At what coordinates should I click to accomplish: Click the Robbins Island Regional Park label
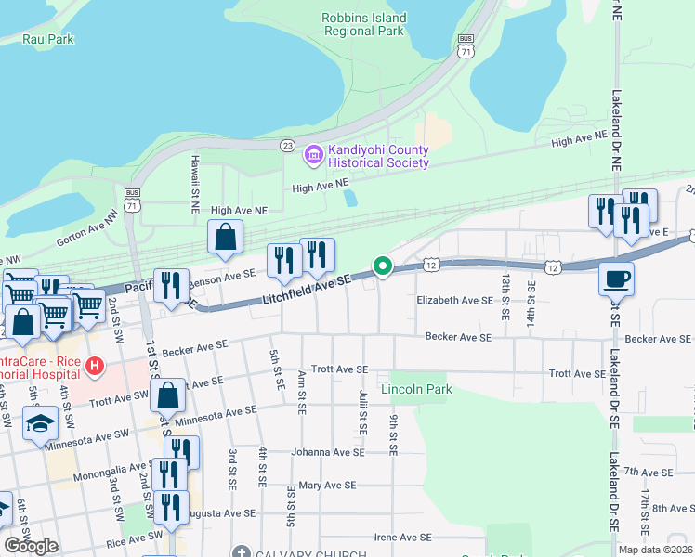pyautogui.click(x=364, y=24)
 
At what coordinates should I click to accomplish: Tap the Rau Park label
pyautogui.click(x=48, y=39)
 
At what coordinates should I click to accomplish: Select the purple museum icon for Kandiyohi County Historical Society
pyautogui.click(x=314, y=156)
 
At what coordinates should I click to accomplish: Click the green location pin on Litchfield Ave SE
pyautogui.click(x=382, y=267)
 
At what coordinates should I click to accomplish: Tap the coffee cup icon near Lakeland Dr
pyautogui.click(x=615, y=278)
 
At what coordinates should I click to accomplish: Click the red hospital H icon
pyautogui.click(x=93, y=367)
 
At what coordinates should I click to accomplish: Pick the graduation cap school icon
pyautogui.click(x=41, y=424)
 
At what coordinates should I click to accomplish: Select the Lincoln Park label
pyautogui.click(x=416, y=389)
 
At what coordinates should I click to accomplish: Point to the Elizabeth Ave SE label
pyautogui.click(x=454, y=300)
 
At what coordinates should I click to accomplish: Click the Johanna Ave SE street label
pyautogui.click(x=322, y=453)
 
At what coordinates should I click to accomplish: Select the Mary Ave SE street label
pyautogui.click(x=327, y=485)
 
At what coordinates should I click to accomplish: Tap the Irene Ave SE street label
pyautogui.click(x=402, y=537)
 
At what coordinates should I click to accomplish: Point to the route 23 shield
pyautogui.click(x=287, y=146)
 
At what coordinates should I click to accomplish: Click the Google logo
pyautogui.click(x=31, y=545)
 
